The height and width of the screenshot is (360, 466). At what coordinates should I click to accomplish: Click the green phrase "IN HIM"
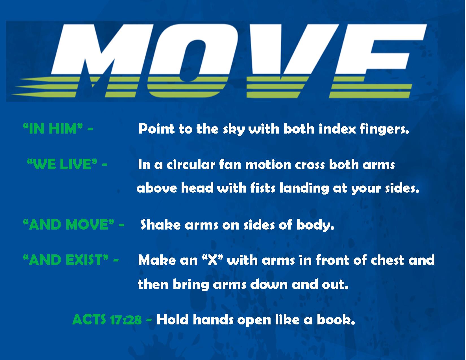[x=53, y=129]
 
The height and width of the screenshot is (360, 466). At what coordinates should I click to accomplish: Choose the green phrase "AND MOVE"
[x=69, y=224]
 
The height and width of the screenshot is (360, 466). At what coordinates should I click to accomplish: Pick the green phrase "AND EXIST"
[x=66, y=260]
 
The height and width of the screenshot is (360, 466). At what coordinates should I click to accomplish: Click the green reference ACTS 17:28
[x=107, y=319]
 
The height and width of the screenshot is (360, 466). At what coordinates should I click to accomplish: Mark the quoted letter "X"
[x=212, y=260]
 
